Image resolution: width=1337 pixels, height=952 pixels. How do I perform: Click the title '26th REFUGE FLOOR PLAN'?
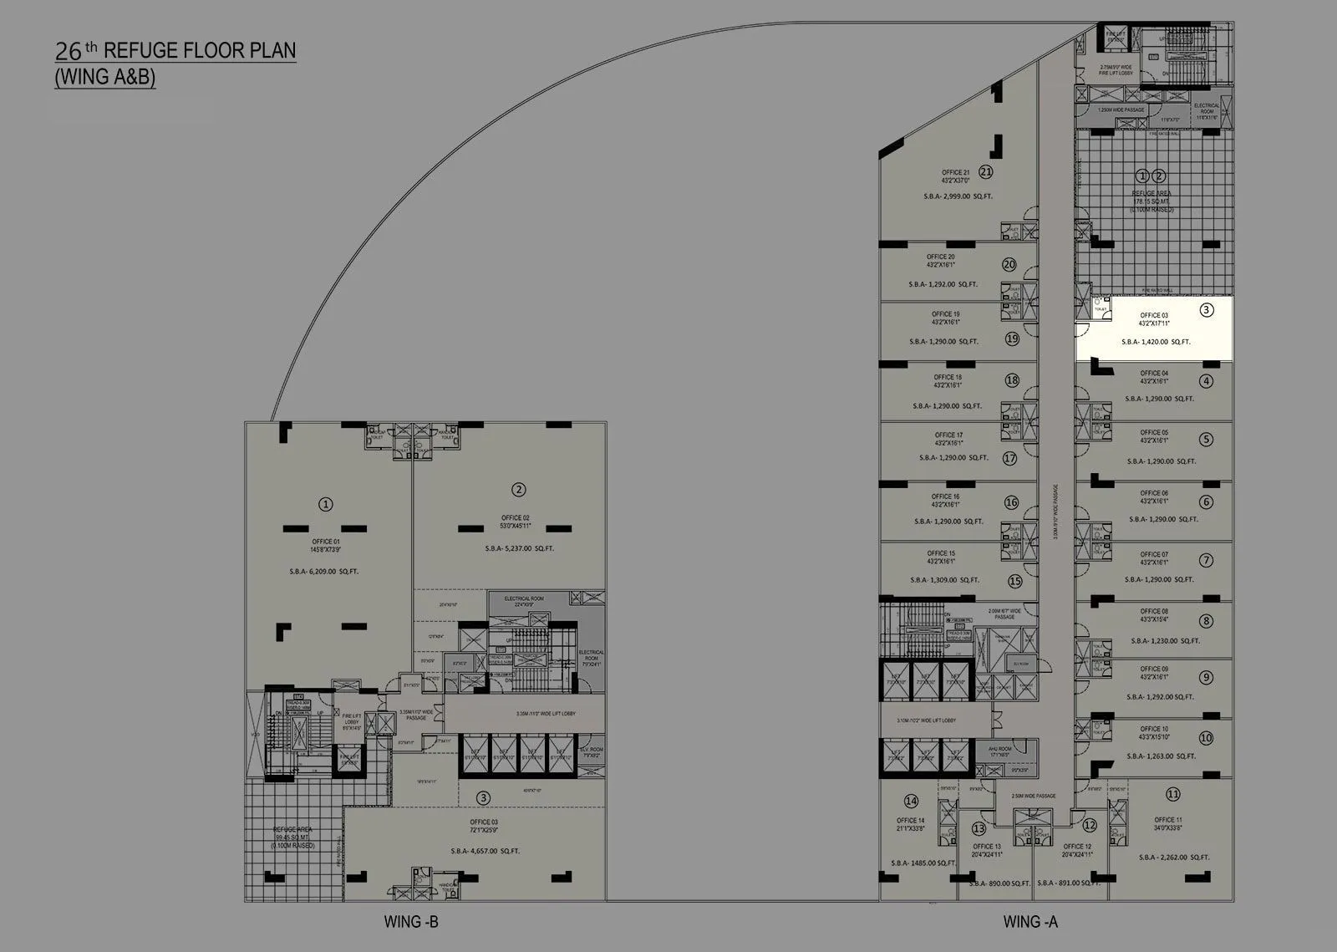[x=175, y=50]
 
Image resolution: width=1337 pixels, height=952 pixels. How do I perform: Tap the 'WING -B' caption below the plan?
[x=411, y=922]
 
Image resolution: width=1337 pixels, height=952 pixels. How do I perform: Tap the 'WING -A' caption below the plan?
[x=1030, y=922]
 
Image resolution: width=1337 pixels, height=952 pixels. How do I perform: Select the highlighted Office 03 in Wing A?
[x=1153, y=328]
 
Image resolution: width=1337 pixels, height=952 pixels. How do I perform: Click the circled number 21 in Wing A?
[x=986, y=172]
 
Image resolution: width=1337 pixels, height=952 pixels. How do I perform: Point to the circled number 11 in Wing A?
[x=1173, y=794]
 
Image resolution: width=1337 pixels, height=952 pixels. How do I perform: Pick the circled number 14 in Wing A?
[x=911, y=802]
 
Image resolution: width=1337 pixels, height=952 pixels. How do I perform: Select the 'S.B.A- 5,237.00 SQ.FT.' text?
[x=519, y=549]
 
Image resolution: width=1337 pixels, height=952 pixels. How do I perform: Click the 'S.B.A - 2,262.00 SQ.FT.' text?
[x=1173, y=857]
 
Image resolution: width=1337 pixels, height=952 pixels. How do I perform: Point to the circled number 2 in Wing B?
[x=519, y=490]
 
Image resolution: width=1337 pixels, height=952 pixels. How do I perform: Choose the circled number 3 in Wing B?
[x=483, y=798]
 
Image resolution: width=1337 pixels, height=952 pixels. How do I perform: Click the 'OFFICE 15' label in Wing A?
[x=941, y=553]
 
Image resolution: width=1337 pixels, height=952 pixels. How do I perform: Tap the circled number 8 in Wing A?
[x=1205, y=621]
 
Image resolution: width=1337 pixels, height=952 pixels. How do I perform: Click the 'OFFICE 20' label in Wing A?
[x=940, y=257]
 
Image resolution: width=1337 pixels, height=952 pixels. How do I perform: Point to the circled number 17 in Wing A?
[x=1009, y=458]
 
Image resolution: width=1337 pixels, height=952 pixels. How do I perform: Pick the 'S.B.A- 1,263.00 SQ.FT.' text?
[x=1162, y=756]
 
